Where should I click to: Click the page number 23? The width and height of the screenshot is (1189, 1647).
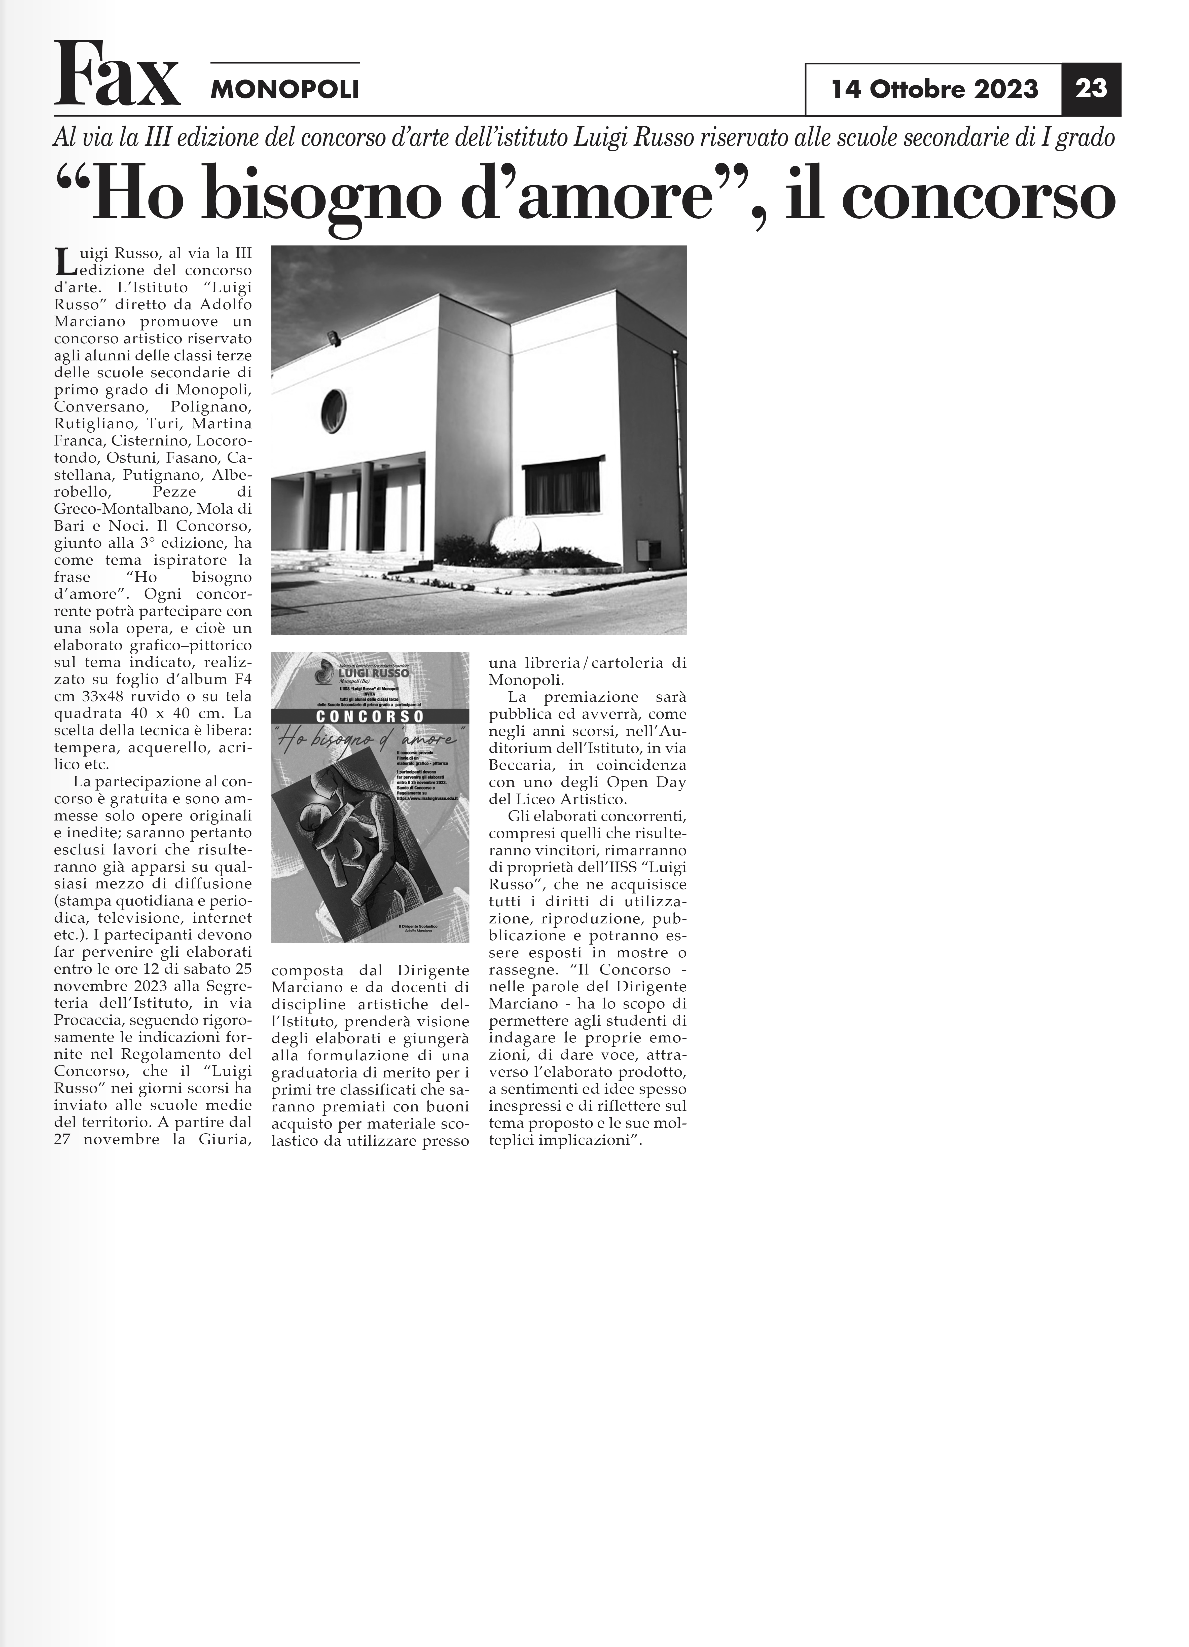point(1091,89)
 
